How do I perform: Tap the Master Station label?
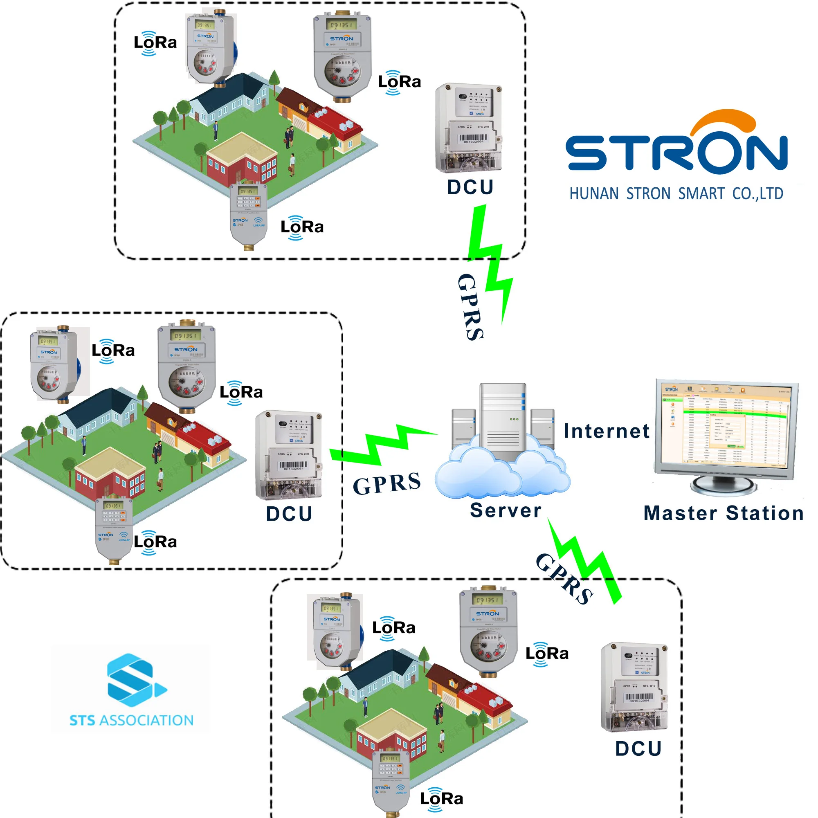tap(723, 514)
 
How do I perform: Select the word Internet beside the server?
tap(607, 431)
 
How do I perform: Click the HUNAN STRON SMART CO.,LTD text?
tap(676, 194)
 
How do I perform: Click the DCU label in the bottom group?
tap(638, 749)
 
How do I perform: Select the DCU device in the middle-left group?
tap(289, 455)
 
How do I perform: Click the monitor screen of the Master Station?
tap(725, 428)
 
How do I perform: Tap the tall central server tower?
tap(503, 419)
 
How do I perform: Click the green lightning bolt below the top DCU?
tap(491, 263)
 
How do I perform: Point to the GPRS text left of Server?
tap(387, 483)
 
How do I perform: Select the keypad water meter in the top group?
tap(249, 214)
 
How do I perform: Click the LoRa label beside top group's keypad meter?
tap(302, 227)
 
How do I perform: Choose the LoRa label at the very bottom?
tap(441, 799)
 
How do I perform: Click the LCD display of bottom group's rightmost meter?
tap(488, 600)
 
